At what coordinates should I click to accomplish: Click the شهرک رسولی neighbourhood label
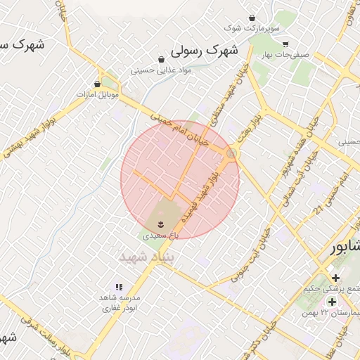point(205,51)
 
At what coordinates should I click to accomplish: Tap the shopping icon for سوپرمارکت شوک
point(252,18)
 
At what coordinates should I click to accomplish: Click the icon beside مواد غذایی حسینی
point(162,59)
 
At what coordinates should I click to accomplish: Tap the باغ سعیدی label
point(161,237)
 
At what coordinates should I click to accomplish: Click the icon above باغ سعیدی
point(161,224)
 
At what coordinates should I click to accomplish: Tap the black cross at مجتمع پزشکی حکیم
point(335,278)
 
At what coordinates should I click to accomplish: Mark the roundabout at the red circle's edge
point(231,153)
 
